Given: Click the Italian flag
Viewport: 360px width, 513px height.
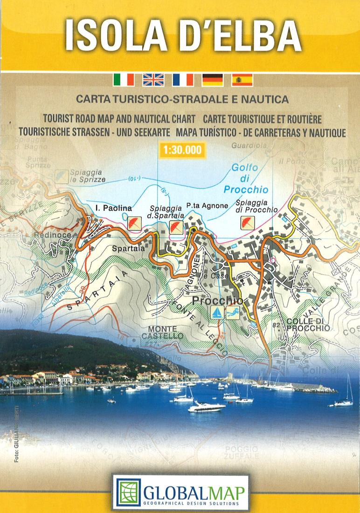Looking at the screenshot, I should (x=124, y=80).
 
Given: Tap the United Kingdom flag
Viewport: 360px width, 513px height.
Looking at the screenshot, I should (x=153, y=80).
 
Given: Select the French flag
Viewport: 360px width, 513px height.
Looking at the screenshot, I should (x=183, y=80).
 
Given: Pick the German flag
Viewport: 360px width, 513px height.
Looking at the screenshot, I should (x=213, y=80).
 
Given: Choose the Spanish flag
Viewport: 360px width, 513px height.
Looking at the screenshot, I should (x=242, y=80).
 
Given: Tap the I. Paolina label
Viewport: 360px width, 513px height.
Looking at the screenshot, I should (x=113, y=208).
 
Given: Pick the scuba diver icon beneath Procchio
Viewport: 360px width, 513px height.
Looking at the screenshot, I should (x=232, y=313).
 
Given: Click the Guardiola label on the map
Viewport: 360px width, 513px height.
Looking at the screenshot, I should (x=249, y=146).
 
